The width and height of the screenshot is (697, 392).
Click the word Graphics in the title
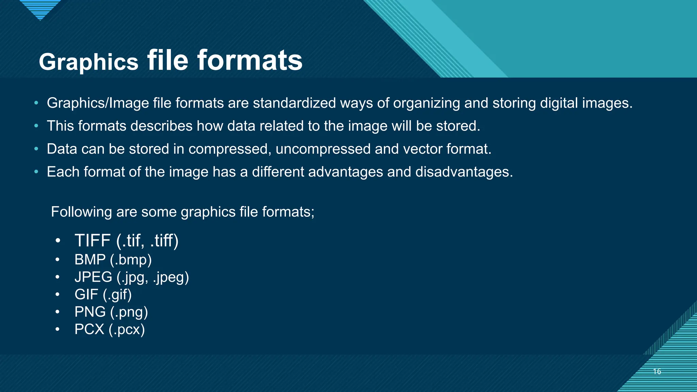click(88, 62)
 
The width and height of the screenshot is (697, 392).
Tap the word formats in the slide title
click(250, 61)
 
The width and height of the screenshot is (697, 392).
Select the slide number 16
click(657, 371)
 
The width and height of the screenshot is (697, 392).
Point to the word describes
click(161, 126)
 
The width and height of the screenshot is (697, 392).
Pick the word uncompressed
click(323, 149)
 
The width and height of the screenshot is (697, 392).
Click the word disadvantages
click(464, 172)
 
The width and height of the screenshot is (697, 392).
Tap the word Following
click(81, 212)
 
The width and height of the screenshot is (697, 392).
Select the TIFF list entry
click(92, 241)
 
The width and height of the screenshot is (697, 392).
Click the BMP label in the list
click(90, 260)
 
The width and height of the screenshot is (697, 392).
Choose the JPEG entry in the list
click(93, 277)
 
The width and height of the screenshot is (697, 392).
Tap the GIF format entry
click(86, 294)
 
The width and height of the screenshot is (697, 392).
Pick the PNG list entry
click(90, 312)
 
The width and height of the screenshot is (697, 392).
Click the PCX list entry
click(89, 329)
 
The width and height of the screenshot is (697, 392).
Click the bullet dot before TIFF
click(58, 241)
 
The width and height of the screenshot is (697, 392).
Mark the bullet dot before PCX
click(58, 329)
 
